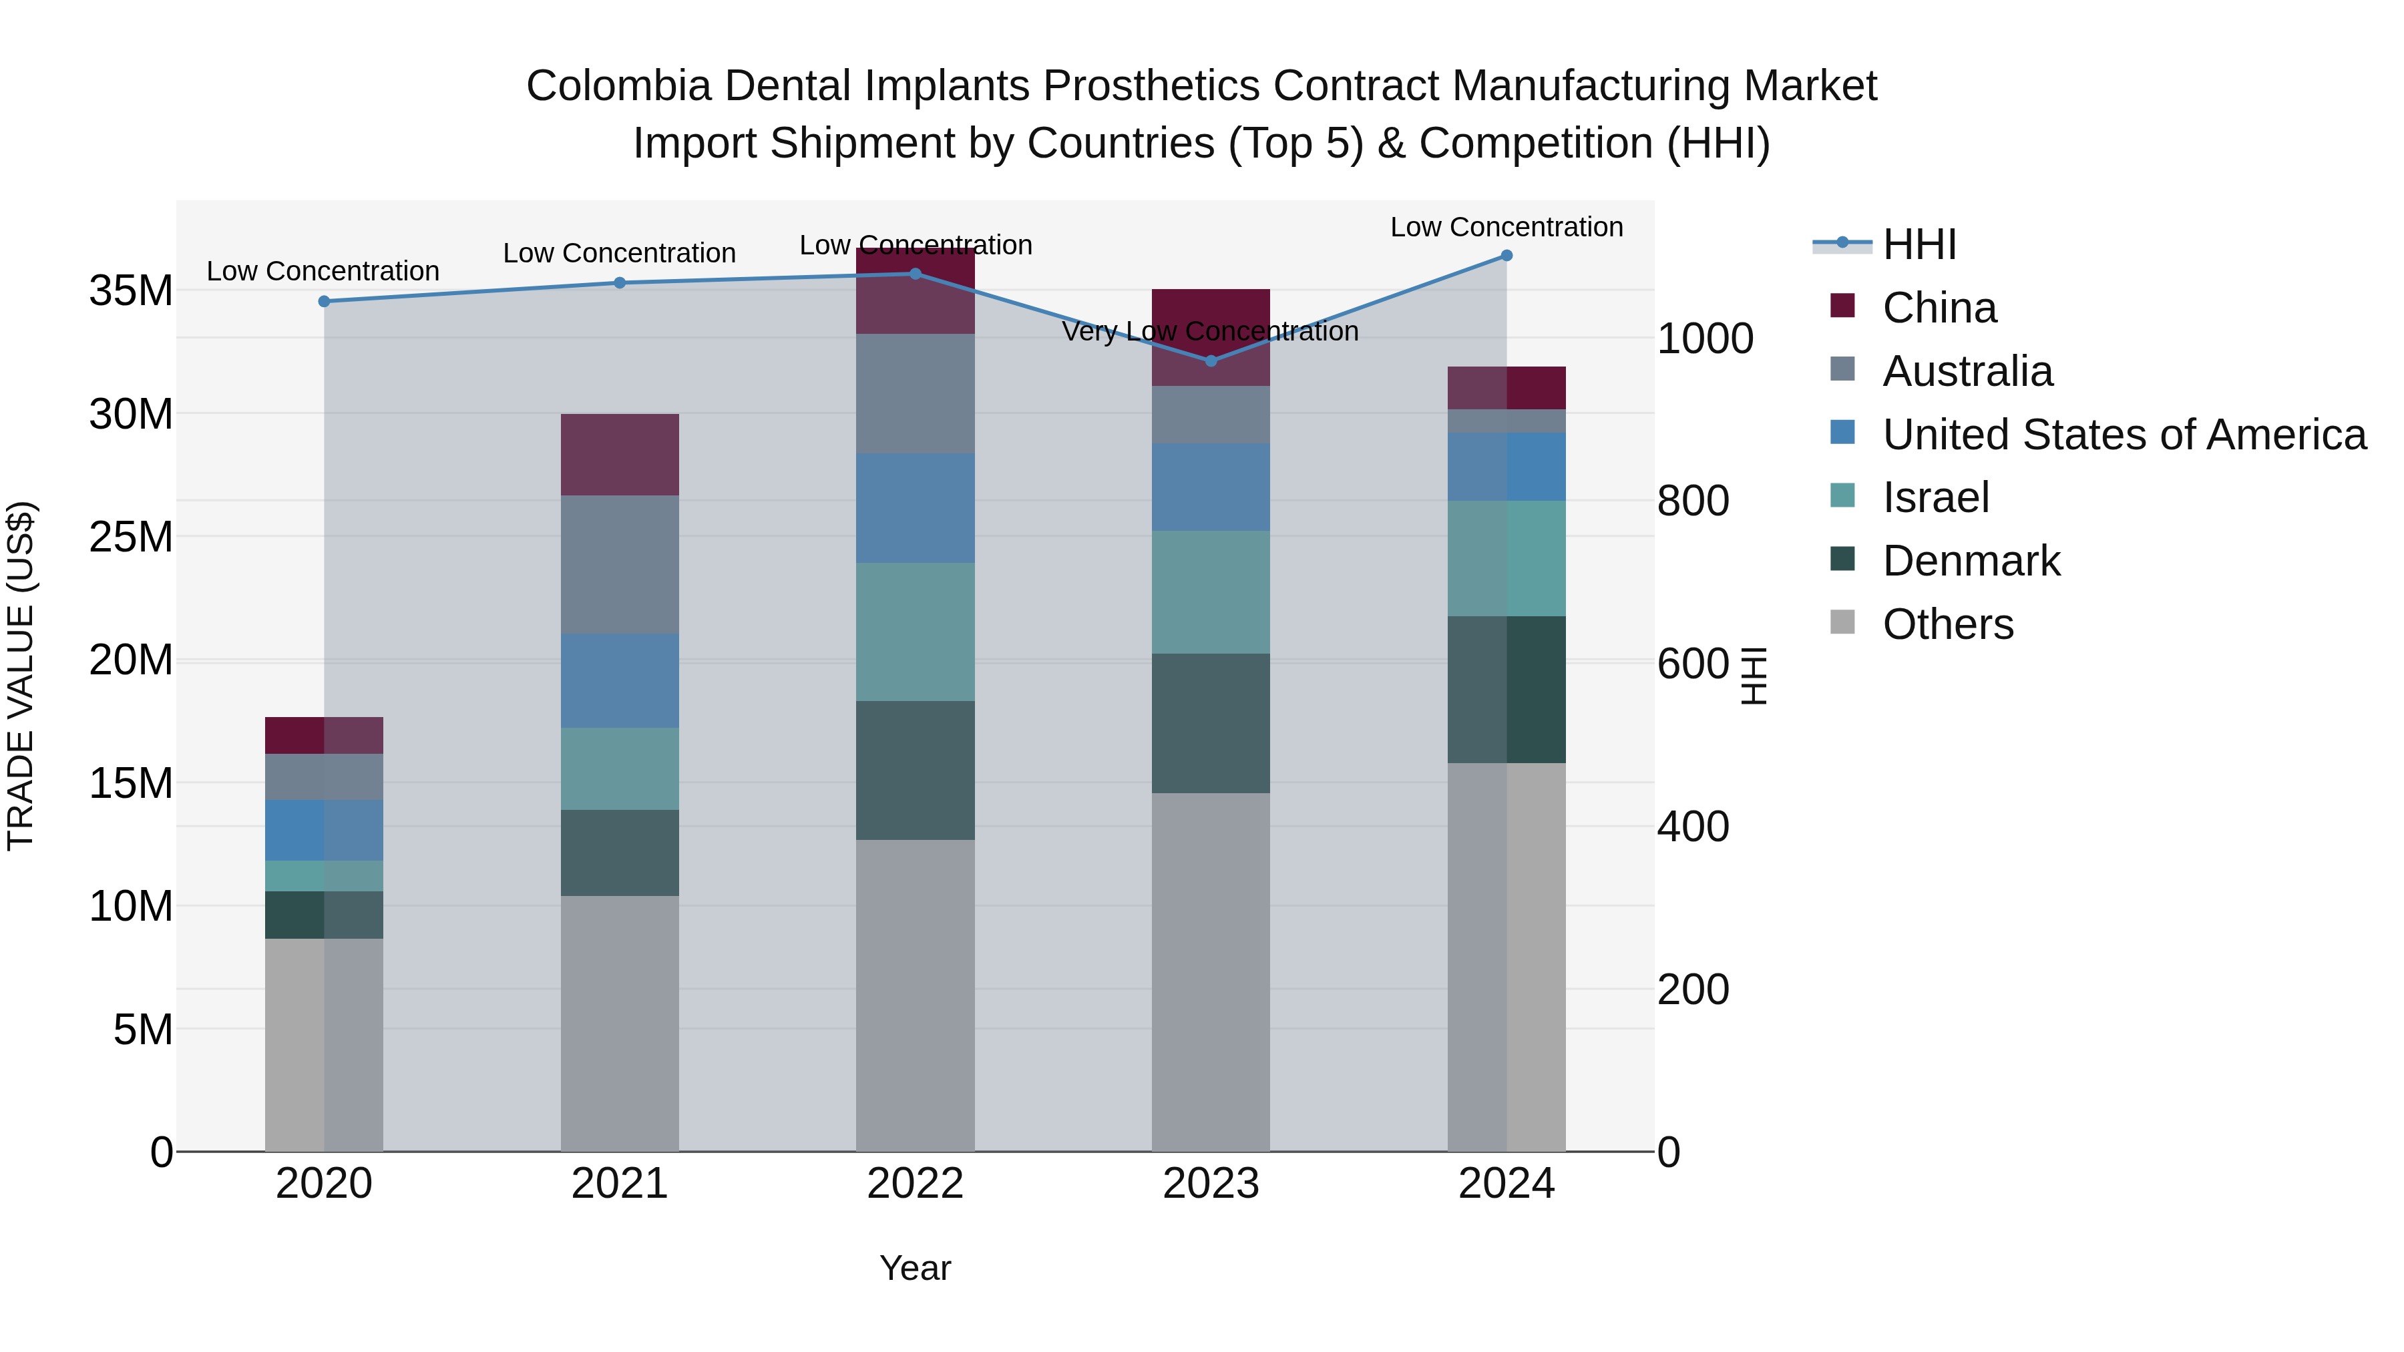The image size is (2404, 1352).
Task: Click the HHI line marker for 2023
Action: click(1211, 360)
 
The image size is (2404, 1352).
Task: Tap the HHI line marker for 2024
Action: click(1507, 256)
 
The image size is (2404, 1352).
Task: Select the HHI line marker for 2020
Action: click(324, 301)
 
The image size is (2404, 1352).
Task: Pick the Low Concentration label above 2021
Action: click(619, 253)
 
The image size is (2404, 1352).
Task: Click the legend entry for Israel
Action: click(1935, 497)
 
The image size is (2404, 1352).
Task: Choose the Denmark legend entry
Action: click(1971, 561)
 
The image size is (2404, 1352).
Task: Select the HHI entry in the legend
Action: click(1919, 244)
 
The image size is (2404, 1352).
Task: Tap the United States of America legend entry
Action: click(2124, 435)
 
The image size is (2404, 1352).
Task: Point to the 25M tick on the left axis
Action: click(131, 537)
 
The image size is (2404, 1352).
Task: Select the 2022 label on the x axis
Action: click(915, 1184)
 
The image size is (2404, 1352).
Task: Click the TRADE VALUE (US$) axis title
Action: click(21, 676)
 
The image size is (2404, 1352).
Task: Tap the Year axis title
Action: click(915, 1268)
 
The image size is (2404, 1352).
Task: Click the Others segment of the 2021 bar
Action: click(619, 1023)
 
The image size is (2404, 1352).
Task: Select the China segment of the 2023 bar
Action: click(1211, 337)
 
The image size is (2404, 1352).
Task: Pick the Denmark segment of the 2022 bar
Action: click(915, 770)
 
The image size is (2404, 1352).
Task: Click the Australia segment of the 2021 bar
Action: click(619, 564)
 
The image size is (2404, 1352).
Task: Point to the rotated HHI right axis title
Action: click(1754, 676)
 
